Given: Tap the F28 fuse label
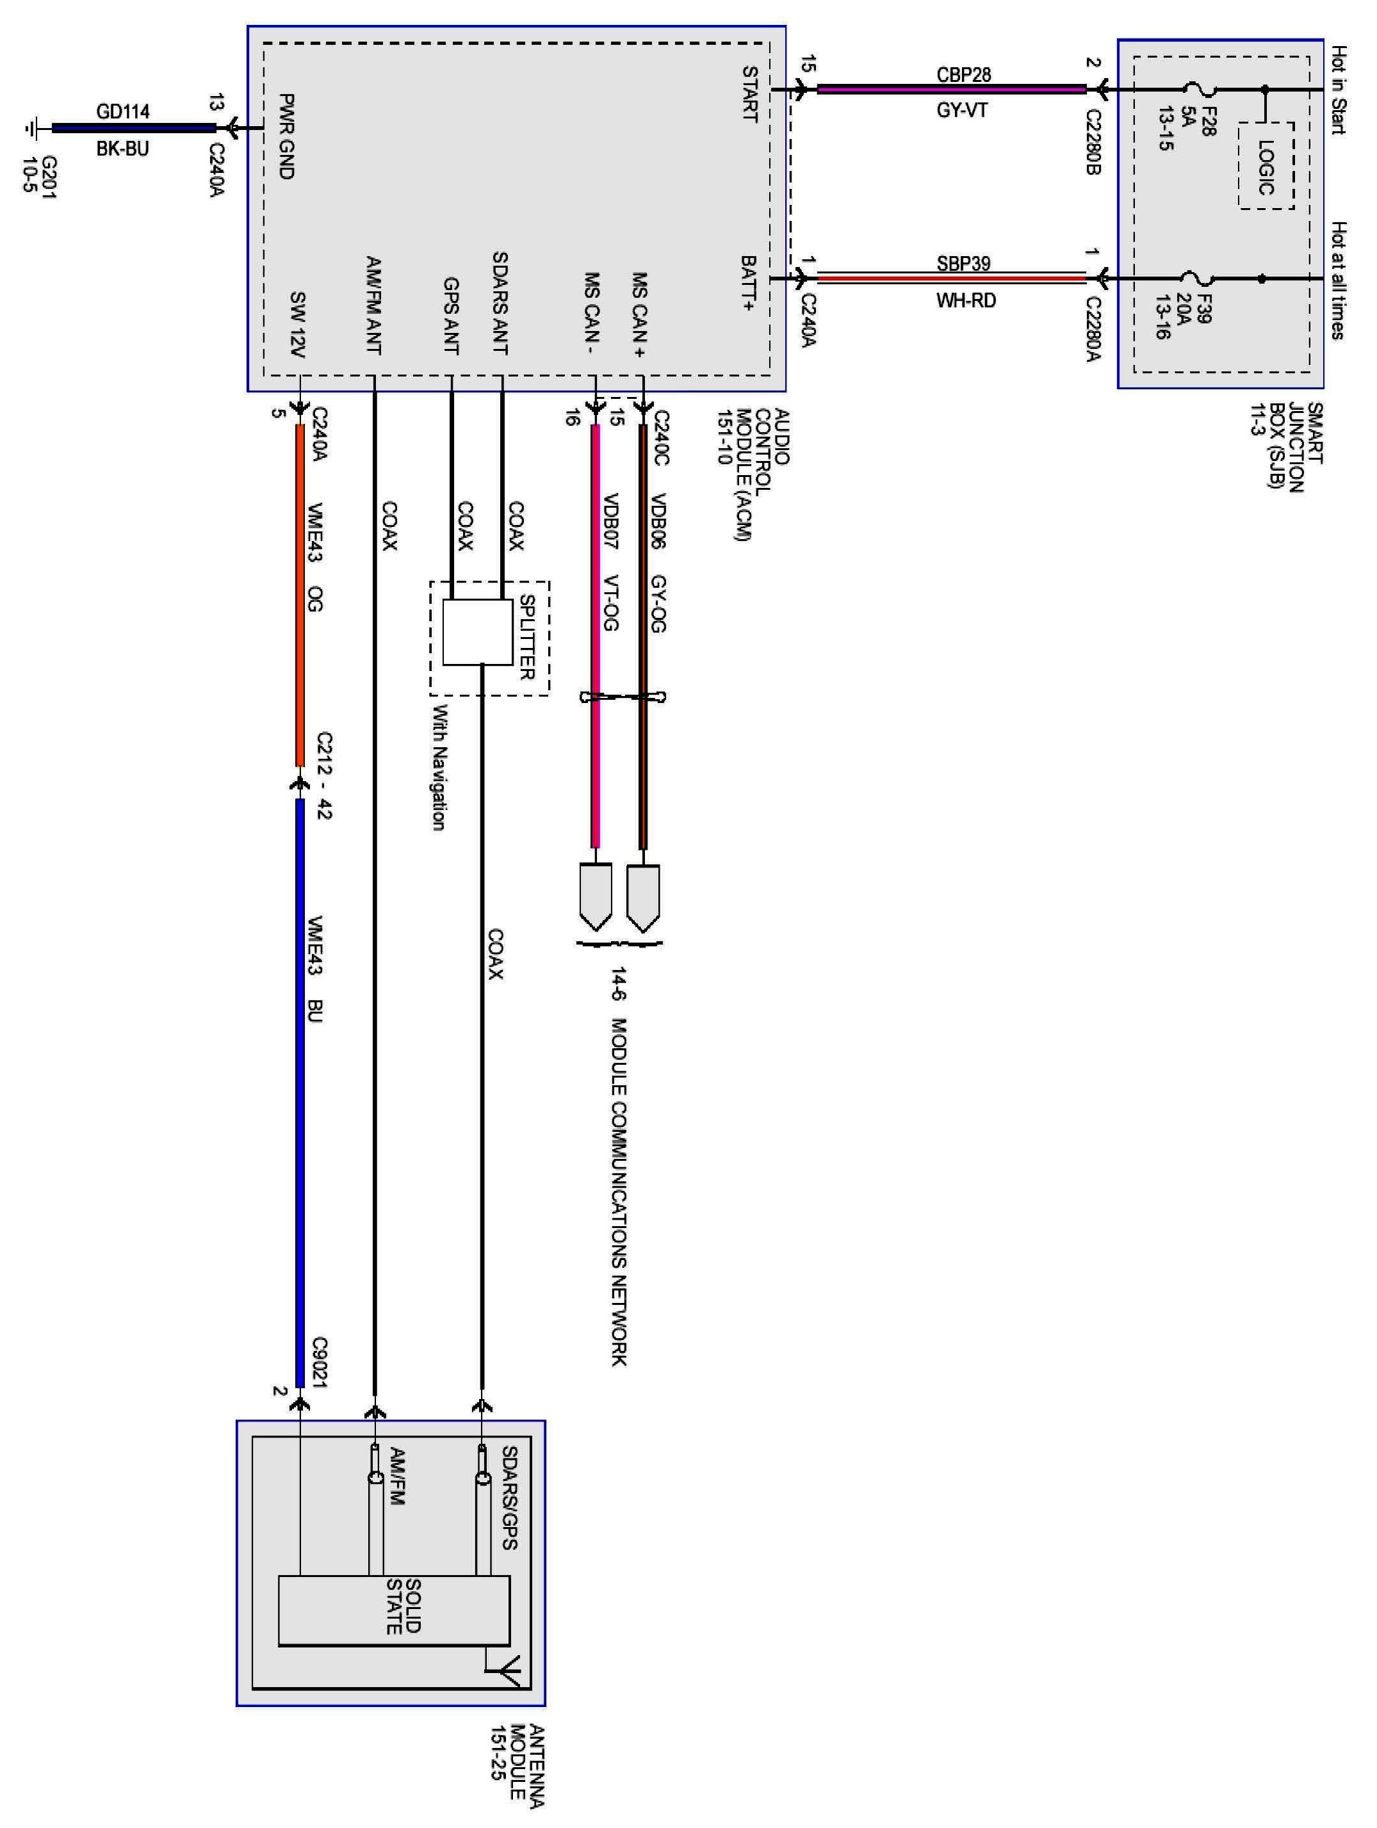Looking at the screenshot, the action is (1205, 120).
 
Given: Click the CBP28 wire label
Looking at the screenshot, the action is (964, 74).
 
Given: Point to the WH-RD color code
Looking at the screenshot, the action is (965, 300).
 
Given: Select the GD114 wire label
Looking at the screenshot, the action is (123, 111).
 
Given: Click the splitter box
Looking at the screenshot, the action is (478, 632).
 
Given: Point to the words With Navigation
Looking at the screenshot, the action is (437, 768).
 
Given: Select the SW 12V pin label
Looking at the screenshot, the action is (298, 324).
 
